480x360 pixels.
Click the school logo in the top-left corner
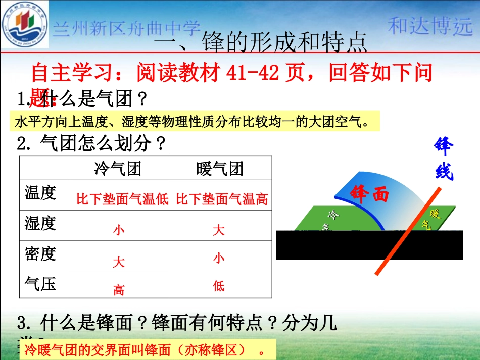pyautogui.click(x=26, y=25)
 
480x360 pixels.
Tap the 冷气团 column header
pyautogui.click(x=118, y=168)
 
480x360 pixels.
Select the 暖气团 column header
pyautogui.click(x=220, y=168)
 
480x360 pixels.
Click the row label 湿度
pyautogui.click(x=40, y=223)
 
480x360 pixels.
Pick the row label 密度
pyautogui.click(x=40, y=253)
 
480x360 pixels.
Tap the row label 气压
pyautogui.click(x=40, y=284)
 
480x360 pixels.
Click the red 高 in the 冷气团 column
pyautogui.click(x=119, y=290)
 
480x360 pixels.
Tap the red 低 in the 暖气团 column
pyautogui.click(x=218, y=286)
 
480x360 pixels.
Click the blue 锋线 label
pyautogui.click(x=444, y=159)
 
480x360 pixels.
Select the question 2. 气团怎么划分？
pyautogui.click(x=91, y=144)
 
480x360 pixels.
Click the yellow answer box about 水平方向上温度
pyautogui.click(x=195, y=122)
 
